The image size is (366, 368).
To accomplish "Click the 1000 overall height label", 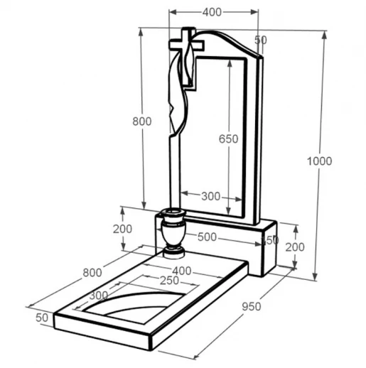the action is point(319,161).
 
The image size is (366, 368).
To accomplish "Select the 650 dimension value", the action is point(228,139).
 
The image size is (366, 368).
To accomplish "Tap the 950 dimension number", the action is point(252,307).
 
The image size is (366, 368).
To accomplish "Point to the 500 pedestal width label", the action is point(207,237).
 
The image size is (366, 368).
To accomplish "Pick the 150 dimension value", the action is point(270,241).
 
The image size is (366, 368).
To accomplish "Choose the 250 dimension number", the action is point(169,281).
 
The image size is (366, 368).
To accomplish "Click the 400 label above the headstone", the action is point(212,12).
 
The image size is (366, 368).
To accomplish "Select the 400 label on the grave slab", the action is point(182,271).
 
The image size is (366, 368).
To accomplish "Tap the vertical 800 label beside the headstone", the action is point(142,121).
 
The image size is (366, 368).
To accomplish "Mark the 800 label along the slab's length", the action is point(92,273).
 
